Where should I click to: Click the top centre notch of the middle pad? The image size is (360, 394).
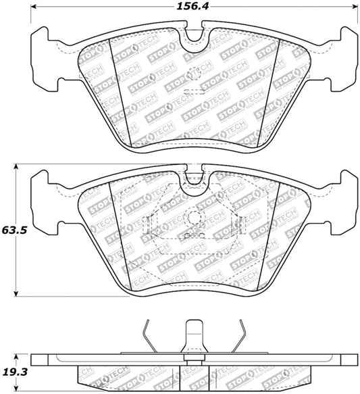tap(194, 177)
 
